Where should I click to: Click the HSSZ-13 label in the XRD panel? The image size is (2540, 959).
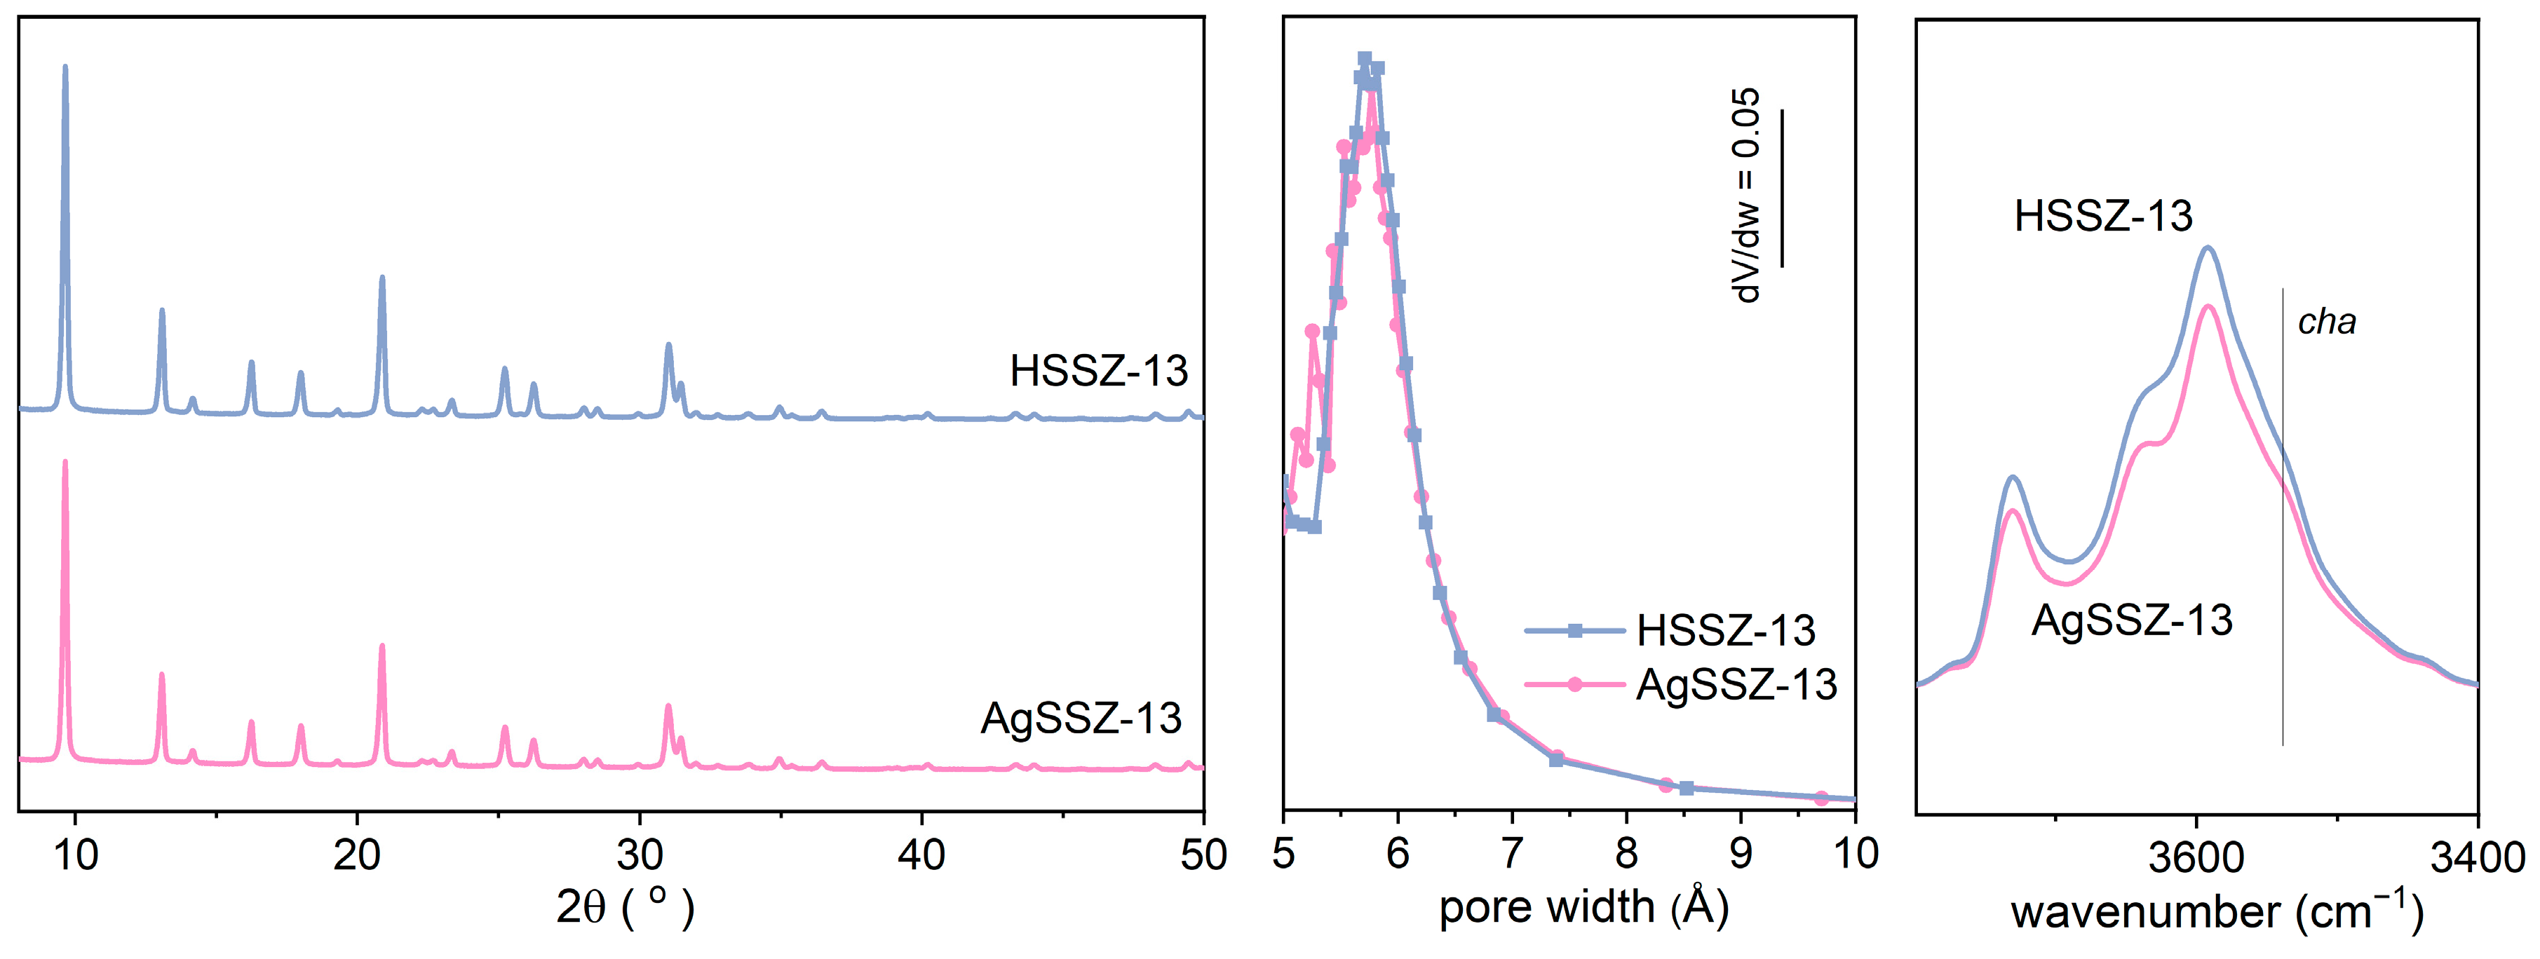pos(1098,372)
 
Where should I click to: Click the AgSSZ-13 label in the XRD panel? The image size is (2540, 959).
pos(1081,719)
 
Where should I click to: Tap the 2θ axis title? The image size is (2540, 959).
pos(625,906)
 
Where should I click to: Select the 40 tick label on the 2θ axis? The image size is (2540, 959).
pos(921,855)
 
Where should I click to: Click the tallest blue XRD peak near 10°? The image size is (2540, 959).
pos(65,69)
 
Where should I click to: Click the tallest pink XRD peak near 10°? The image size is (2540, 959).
pos(65,463)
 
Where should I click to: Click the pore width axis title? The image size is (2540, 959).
pos(1583,906)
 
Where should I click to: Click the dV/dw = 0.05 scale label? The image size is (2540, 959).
pos(1746,194)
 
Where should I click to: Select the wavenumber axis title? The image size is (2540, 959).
pos(2217,911)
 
